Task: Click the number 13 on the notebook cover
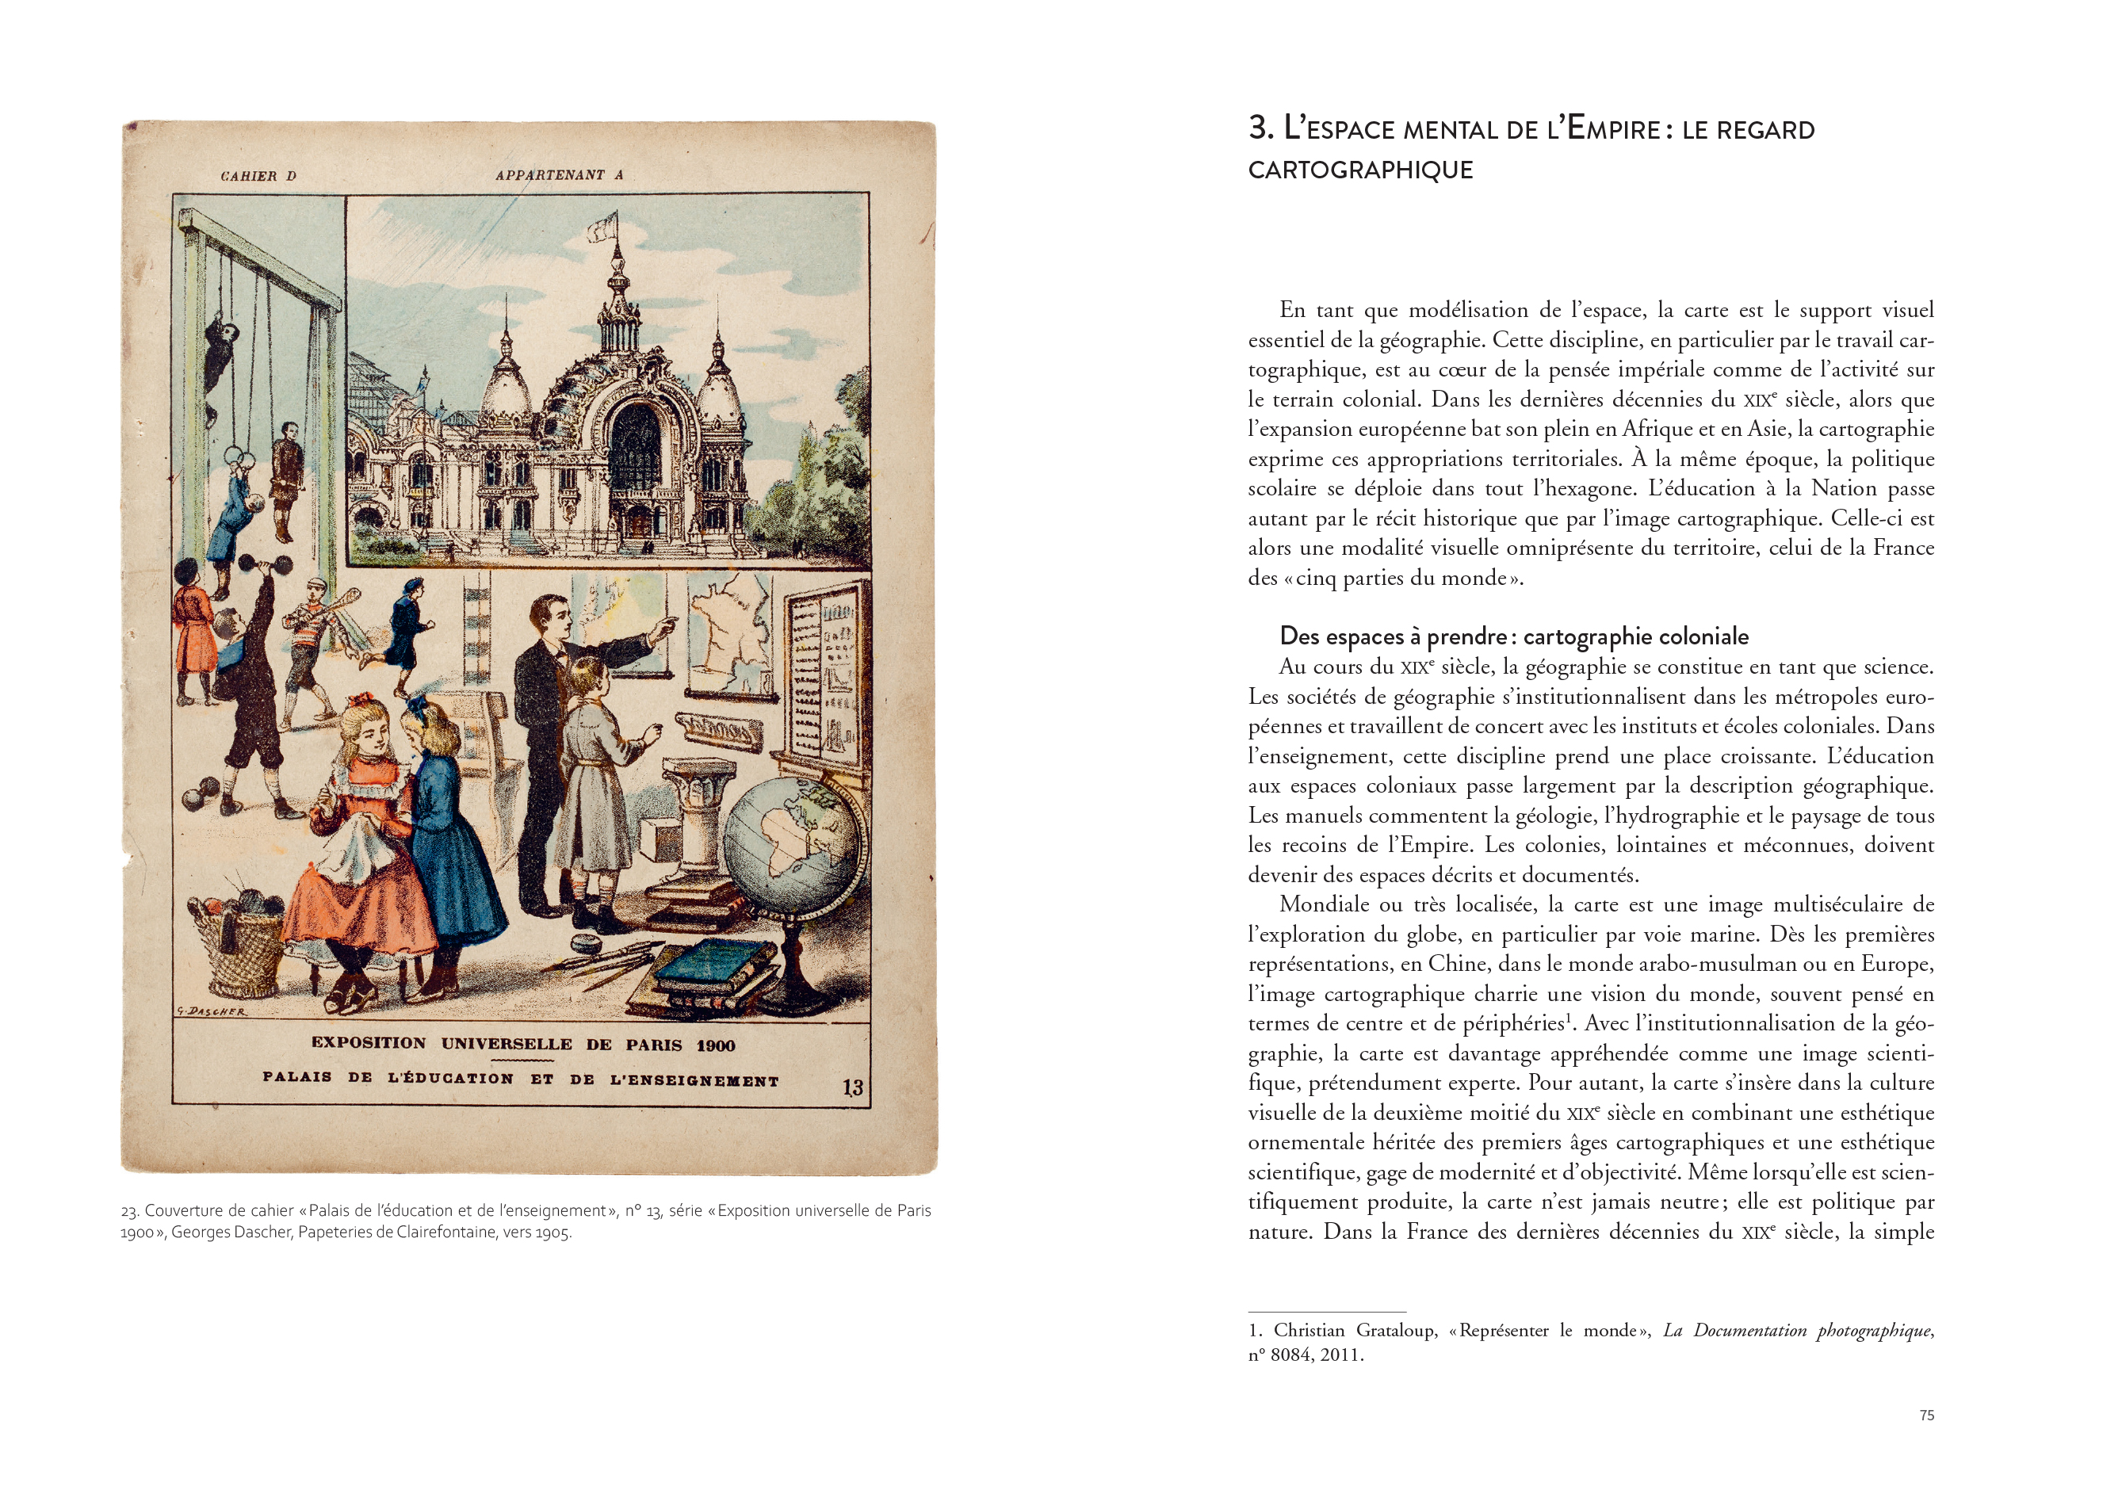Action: click(x=852, y=1087)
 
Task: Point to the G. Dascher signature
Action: click(x=212, y=1011)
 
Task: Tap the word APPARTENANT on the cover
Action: click(x=550, y=174)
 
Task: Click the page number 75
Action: click(x=1926, y=1415)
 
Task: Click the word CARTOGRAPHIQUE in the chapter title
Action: click(x=1360, y=170)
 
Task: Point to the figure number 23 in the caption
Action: click(x=128, y=1210)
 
